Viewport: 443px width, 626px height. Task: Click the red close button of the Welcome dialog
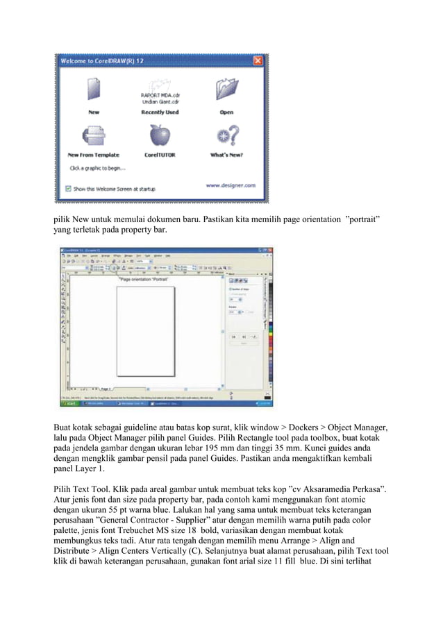258,61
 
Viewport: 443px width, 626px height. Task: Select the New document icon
93,91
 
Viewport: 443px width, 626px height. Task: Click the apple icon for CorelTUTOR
160,136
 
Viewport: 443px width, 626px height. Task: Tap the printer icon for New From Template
93,136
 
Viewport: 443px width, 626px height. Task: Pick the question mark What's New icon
226,136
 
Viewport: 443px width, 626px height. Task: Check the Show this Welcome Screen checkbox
67,188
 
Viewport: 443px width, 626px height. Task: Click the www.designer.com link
231,185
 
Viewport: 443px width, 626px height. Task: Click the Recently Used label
160,112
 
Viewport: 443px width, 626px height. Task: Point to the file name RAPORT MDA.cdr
160,96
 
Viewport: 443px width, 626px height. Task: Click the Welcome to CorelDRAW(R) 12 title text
104,61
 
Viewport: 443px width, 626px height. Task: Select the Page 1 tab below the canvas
106,389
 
